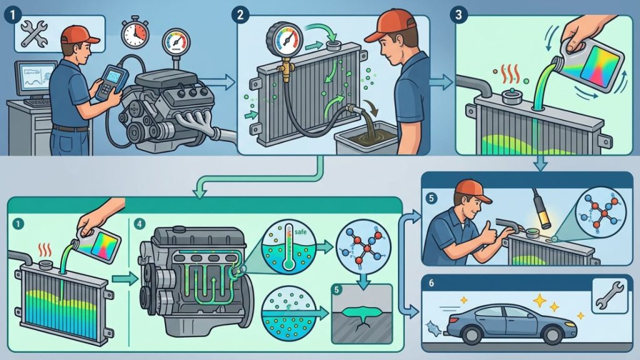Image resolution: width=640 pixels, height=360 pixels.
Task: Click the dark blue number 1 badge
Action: click(12, 15)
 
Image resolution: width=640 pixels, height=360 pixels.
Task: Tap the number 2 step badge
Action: click(239, 15)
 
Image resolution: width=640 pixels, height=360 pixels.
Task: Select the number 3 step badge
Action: click(458, 15)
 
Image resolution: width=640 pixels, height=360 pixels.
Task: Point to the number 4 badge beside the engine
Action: click(139, 224)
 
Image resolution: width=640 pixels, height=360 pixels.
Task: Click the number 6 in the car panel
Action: click(431, 283)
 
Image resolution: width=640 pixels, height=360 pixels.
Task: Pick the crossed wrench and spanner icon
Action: click(34, 34)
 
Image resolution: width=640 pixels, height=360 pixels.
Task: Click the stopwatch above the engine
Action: click(135, 31)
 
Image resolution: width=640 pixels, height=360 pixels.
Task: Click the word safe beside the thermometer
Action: click(300, 232)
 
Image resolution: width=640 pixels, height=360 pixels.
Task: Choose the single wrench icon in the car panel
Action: click(609, 296)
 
